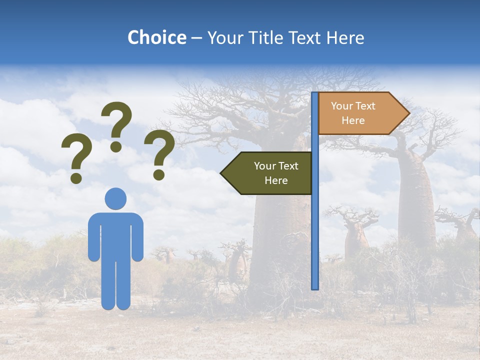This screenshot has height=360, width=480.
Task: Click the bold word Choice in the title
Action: [156, 37]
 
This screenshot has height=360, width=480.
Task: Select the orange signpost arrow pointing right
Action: [360, 113]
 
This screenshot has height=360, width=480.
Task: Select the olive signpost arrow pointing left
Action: [270, 173]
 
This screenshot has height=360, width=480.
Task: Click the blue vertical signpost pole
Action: [315, 225]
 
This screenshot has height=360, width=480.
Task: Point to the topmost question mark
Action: [116, 122]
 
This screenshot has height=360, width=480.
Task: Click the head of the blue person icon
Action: [115, 198]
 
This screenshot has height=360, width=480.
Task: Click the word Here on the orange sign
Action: [353, 120]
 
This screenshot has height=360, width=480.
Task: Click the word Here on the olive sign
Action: [276, 180]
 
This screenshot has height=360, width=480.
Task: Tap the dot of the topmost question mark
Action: [116, 147]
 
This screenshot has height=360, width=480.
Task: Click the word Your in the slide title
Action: [223, 37]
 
